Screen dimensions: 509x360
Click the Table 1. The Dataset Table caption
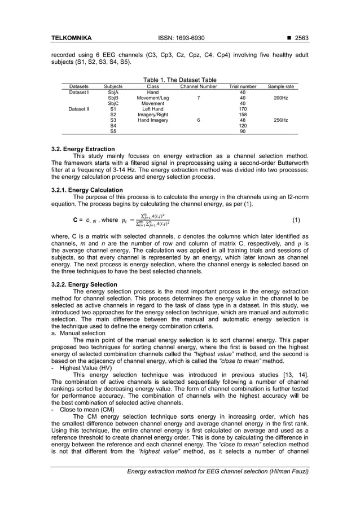pyautogui.click(x=180, y=80)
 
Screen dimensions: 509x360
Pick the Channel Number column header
pyautogui.click(x=198, y=86)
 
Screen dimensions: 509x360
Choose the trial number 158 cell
pyautogui.click(x=243, y=115)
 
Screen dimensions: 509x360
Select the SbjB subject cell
pyautogui.click(x=113, y=98)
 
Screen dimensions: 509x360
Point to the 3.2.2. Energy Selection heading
pyautogui.click(x=84, y=284)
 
